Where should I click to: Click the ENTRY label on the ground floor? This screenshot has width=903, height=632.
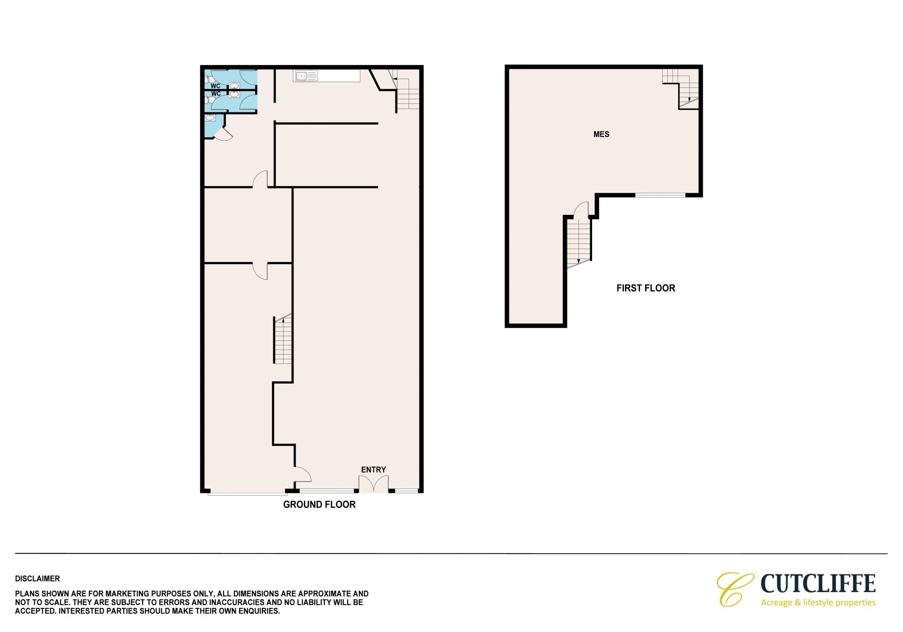373,470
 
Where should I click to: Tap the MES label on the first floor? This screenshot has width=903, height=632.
601,134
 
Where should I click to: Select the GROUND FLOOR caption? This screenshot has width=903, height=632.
319,505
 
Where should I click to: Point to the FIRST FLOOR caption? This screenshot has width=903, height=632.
646,288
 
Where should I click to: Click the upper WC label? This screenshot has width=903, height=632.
215,86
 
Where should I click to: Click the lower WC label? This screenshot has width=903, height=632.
215,94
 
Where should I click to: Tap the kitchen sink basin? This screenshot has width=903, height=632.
301,76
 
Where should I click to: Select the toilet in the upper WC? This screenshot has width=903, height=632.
207,79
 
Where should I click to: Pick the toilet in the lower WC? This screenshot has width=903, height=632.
207,100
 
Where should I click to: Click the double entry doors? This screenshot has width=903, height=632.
374,484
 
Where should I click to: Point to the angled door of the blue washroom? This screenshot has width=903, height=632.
223,134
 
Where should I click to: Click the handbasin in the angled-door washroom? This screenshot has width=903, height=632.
210,118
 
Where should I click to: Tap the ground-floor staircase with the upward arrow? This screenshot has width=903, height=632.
283,339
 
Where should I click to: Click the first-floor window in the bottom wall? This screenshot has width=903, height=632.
660,195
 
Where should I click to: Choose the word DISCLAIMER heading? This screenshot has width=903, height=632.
38,579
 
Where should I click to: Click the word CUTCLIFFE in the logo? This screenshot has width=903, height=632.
818,584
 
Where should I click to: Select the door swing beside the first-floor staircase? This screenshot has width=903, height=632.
582,210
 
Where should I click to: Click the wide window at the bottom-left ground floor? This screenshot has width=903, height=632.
247,493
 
